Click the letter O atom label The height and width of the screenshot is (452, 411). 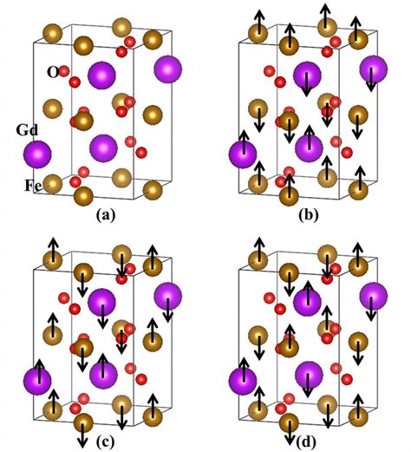tap(53, 72)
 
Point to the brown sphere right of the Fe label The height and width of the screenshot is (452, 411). tap(52, 183)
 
